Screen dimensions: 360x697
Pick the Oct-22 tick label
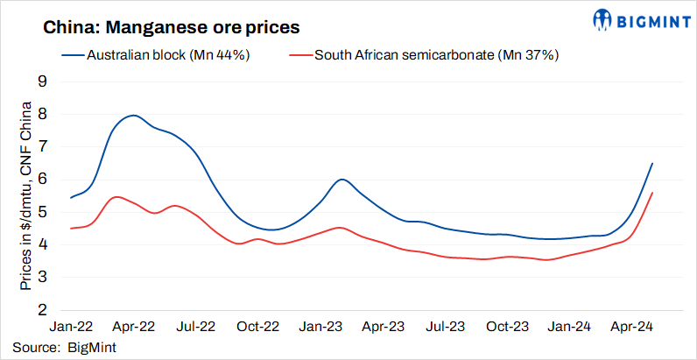pyautogui.click(x=258, y=327)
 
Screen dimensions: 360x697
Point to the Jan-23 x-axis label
pyautogui.click(x=320, y=327)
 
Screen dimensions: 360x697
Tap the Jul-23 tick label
pyautogui.click(x=446, y=327)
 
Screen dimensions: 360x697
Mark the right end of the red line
pyautogui.click(x=652, y=193)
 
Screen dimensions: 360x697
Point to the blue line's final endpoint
pyautogui.click(x=652, y=163)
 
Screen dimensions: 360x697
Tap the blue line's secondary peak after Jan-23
pyautogui.click(x=341, y=179)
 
